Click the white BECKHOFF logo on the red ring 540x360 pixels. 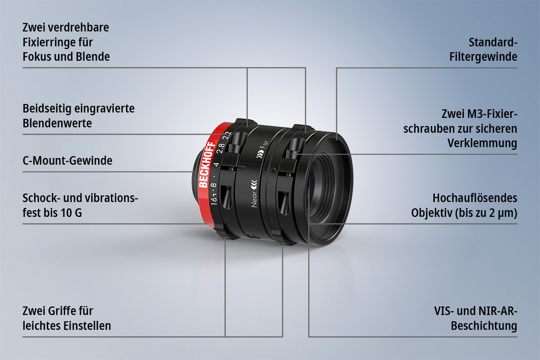point(207,165)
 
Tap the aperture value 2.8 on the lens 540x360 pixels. point(221,148)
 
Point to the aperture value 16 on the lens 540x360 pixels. point(214,201)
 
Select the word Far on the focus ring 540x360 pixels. point(264,146)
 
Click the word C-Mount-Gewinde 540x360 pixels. point(67,161)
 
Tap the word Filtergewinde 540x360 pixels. point(483,57)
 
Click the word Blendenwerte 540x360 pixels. point(57,123)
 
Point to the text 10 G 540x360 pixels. point(72,213)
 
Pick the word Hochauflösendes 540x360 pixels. point(475,198)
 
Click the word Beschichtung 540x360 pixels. point(484,326)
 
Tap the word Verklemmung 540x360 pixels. point(482,143)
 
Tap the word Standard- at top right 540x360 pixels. point(493,42)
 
